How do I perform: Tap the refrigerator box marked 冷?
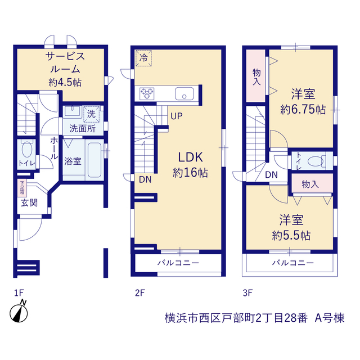(143, 58)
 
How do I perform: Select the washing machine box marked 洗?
(91, 114)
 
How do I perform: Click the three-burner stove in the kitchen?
(147, 94)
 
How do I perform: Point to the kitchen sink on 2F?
(184, 94)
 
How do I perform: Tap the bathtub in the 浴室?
(94, 160)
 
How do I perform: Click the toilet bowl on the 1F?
(27, 150)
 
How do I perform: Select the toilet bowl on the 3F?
(316, 161)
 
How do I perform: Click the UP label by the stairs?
(177, 116)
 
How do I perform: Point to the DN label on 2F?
(145, 179)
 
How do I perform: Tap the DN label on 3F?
(271, 175)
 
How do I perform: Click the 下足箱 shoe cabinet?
(22, 188)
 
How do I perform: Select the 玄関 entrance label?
(29, 203)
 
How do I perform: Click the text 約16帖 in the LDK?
(190, 173)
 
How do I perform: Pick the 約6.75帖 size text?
(303, 110)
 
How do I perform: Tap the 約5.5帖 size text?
(291, 236)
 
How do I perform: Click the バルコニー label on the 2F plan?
(178, 263)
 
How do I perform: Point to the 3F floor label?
(247, 292)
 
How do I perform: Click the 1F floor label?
(19, 292)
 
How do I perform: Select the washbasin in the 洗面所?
(72, 111)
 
